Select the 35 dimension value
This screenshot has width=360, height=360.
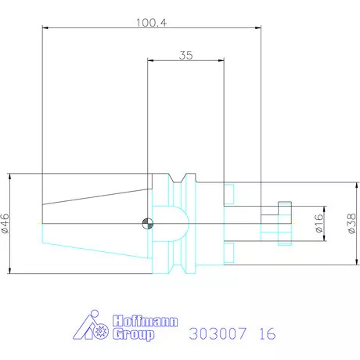coord(185,55)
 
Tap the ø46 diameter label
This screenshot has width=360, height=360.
coord(6,225)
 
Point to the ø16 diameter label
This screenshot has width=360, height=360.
coord(319,225)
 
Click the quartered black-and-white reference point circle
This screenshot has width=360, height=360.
coord(146,225)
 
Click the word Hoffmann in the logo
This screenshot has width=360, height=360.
coord(146,321)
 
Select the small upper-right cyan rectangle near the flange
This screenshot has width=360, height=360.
coord(229,193)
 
